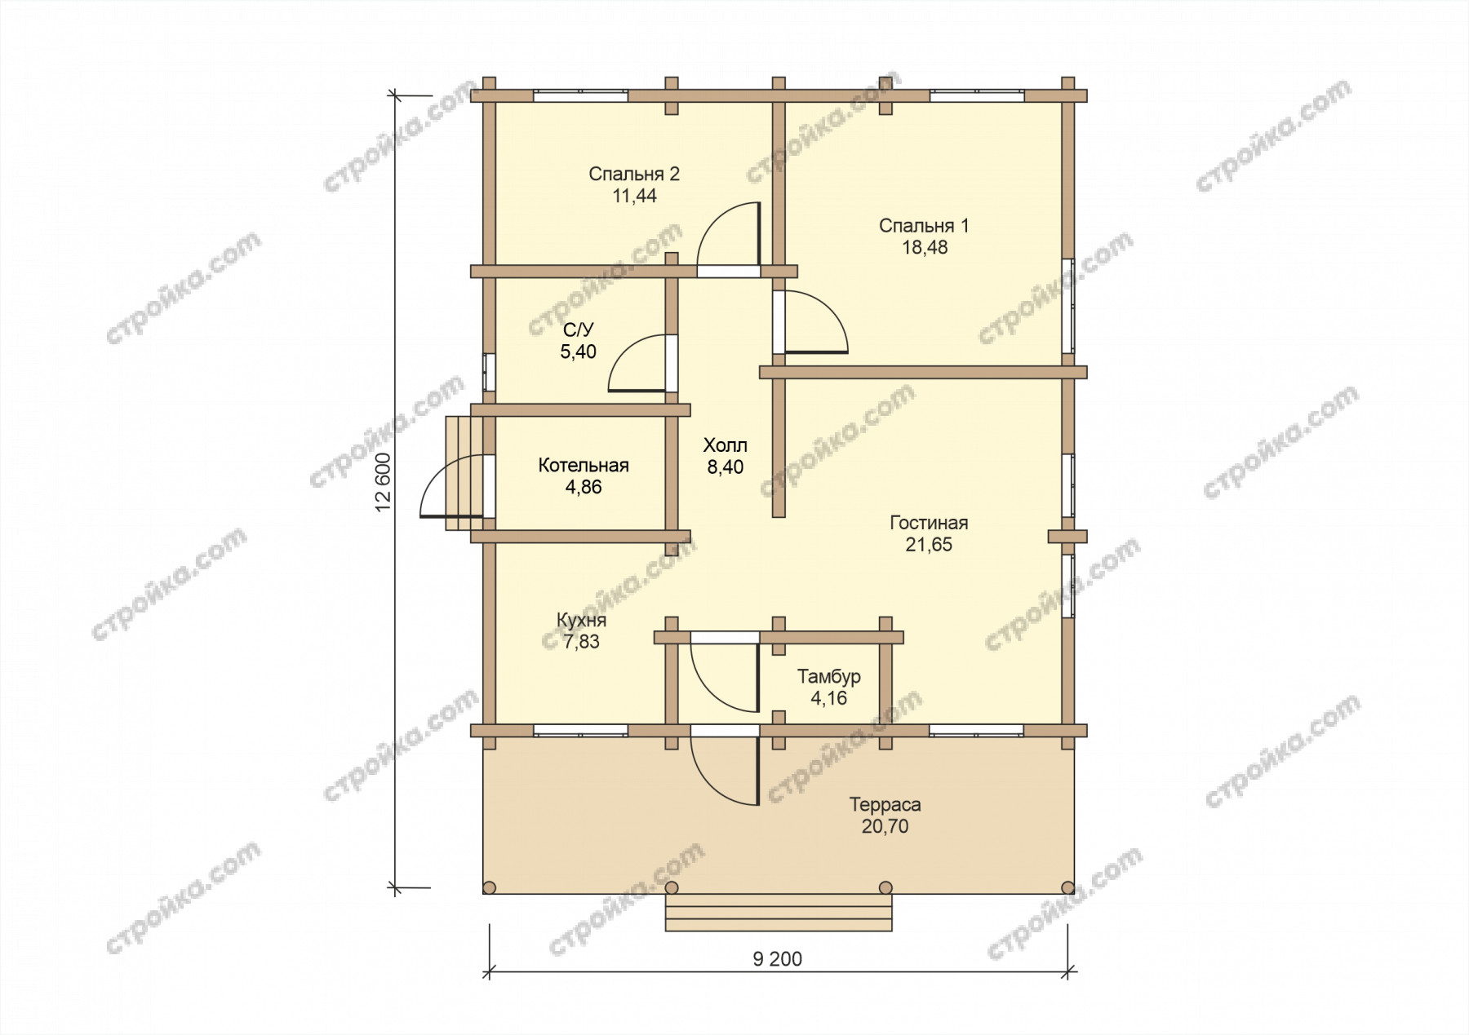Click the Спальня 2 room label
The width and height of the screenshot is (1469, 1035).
[634, 175]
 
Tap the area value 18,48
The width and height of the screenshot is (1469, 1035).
[925, 248]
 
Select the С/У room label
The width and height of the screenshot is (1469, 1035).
[579, 330]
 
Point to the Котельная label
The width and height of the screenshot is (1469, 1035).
[584, 466]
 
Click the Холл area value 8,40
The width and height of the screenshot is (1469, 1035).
[726, 467]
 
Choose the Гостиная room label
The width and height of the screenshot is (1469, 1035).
[929, 523]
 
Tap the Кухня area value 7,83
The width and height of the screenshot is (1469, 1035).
[581, 642]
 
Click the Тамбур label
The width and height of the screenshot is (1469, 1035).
[829, 676]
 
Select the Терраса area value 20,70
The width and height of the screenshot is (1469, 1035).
[885, 826]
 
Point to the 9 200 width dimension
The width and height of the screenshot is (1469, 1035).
[777, 959]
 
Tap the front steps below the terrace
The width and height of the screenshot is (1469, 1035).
[779, 913]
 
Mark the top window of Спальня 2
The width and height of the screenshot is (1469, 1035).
[581, 95]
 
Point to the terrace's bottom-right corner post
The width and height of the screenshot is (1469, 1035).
[1067, 887]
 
